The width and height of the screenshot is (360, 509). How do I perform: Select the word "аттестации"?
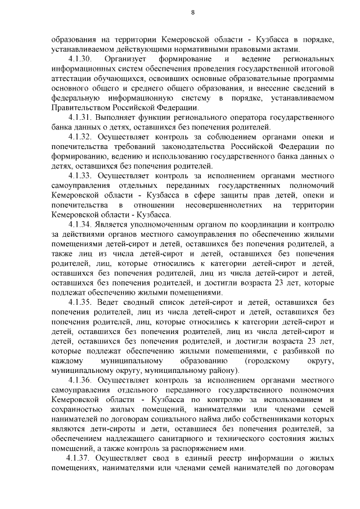70,78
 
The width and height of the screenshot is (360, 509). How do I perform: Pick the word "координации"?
277,224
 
